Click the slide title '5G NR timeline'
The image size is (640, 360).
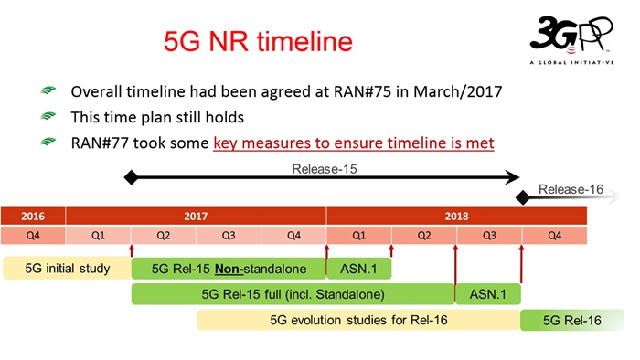click(x=257, y=41)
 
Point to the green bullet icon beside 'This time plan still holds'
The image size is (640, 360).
click(x=48, y=119)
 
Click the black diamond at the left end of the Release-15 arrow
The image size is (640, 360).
click(x=132, y=177)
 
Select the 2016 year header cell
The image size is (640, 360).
click(x=33, y=217)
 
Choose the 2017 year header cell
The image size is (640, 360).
click(x=196, y=217)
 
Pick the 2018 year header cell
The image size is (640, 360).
click(x=456, y=217)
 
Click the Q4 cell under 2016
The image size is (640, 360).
click(x=33, y=236)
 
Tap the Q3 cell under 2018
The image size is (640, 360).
click(x=489, y=236)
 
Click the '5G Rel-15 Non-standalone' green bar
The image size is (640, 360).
click(x=229, y=269)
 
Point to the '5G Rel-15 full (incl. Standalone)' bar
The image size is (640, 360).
click(x=293, y=294)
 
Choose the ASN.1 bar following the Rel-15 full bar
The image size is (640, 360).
click(x=488, y=294)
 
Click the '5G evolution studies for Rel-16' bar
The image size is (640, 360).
click(x=358, y=320)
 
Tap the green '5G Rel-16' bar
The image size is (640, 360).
click(x=572, y=320)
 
